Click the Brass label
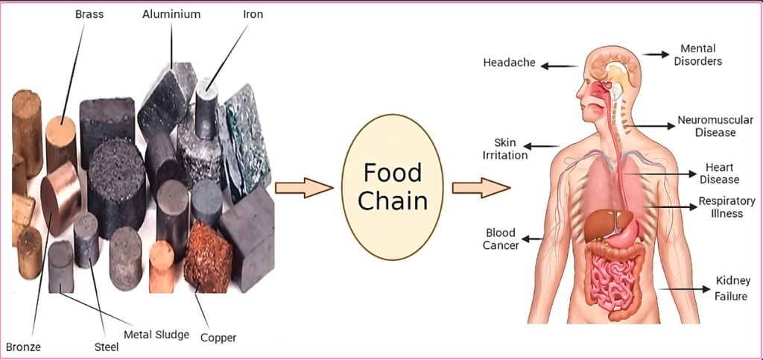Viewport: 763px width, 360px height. (89, 14)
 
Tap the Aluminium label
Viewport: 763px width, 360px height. (172, 14)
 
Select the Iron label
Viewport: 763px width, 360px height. (253, 14)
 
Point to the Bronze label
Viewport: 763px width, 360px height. (23, 347)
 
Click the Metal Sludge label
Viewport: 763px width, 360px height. (156, 334)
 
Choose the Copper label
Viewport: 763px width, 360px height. (218, 338)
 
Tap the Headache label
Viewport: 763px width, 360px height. (509, 63)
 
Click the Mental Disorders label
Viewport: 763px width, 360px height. (697, 55)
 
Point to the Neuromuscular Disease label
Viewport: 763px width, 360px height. (715, 126)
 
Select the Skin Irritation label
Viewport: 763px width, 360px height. (510, 148)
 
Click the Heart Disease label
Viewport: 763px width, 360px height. (719, 173)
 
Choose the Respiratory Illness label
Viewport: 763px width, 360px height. (721, 207)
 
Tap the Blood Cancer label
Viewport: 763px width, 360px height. (501, 239)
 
